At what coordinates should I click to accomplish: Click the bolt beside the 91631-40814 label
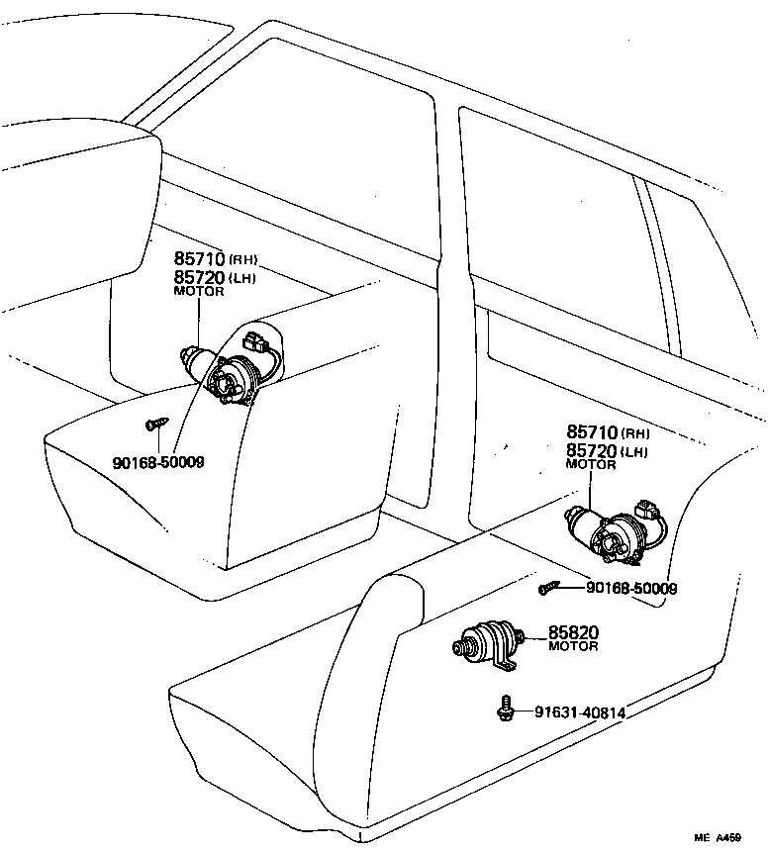(x=505, y=708)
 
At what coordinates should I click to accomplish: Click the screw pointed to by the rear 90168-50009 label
(x=547, y=589)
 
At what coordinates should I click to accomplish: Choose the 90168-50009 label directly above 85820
(x=631, y=588)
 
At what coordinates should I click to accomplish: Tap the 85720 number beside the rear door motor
(x=592, y=451)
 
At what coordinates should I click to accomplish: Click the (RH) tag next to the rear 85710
(x=635, y=433)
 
